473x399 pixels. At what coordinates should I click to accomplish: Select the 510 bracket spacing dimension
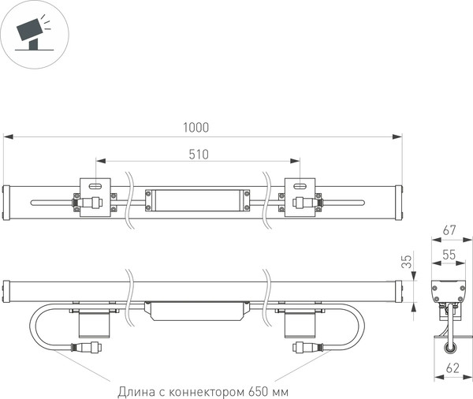point(199,155)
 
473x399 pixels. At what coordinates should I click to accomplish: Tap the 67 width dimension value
point(450,230)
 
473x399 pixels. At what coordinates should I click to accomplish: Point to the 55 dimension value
point(450,255)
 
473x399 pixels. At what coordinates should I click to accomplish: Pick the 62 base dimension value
point(450,367)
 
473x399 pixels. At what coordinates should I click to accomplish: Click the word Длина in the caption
point(136,390)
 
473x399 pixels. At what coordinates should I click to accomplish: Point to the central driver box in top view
point(198,199)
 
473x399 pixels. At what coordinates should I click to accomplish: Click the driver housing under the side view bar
point(198,309)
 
